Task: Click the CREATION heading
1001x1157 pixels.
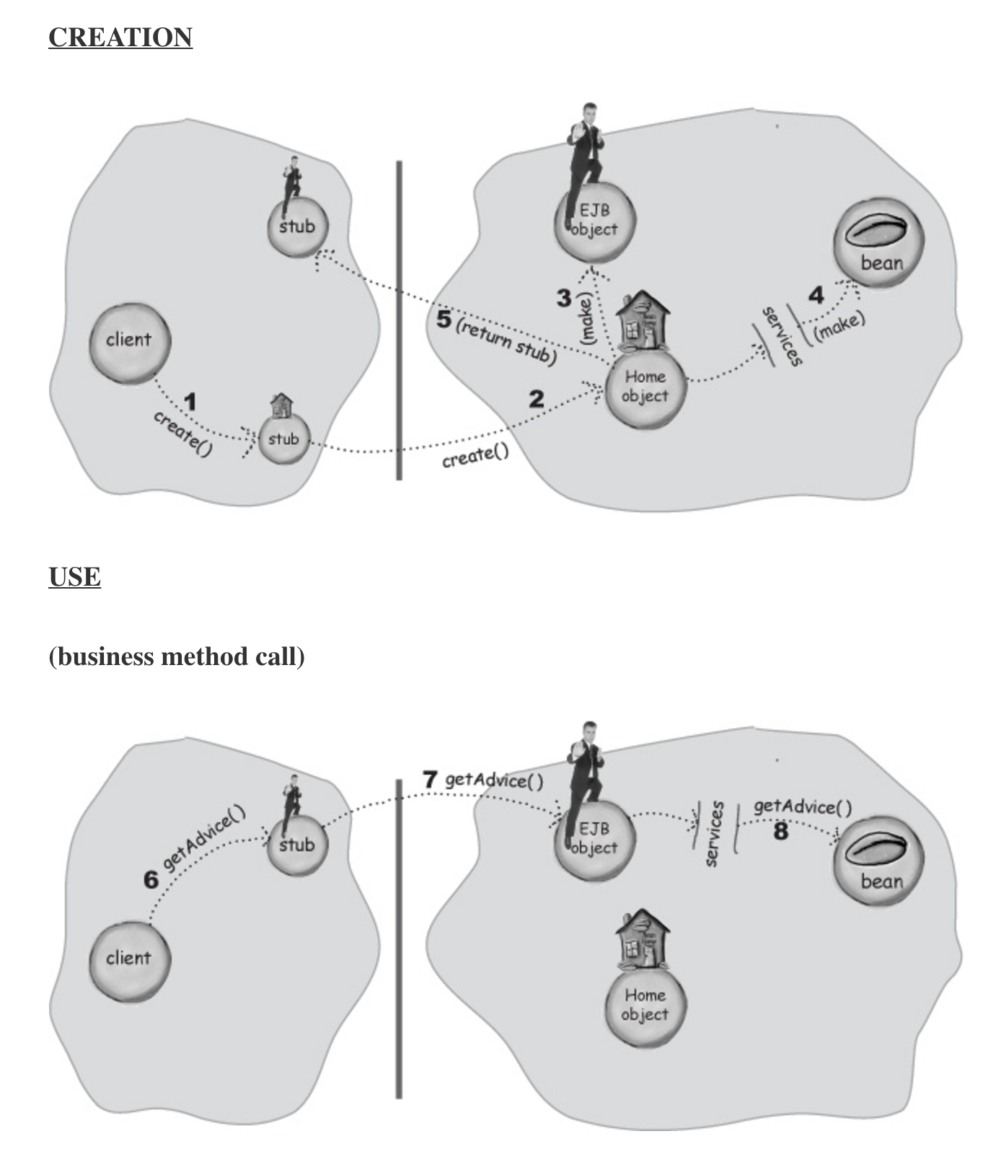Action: click(120, 38)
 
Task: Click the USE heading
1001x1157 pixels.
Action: click(75, 577)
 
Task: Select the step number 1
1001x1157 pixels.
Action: click(190, 402)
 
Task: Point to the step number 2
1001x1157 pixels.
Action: click(536, 399)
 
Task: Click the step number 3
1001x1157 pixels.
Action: click(564, 298)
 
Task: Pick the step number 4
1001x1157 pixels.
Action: click(816, 296)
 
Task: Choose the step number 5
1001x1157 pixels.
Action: click(444, 319)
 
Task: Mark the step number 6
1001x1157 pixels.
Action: click(151, 880)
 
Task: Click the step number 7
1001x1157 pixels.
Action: click(431, 779)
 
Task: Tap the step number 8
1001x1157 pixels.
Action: click(780, 832)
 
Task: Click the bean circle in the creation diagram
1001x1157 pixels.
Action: click(878, 246)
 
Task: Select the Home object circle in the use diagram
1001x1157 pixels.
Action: click(645, 1004)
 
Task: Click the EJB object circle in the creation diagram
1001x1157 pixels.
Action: click(596, 221)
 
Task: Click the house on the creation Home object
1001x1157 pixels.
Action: click(642, 321)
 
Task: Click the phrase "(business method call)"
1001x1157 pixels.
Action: click(177, 656)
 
